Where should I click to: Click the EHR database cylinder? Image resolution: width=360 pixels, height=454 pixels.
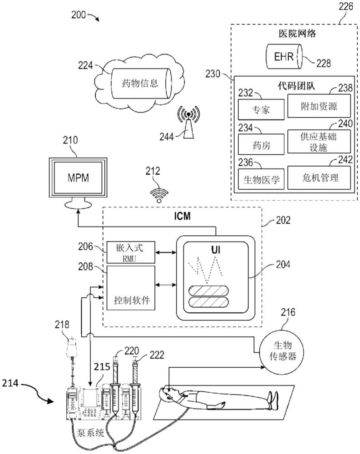coord(284,57)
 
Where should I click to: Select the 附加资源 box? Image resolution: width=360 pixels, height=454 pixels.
coord(319,106)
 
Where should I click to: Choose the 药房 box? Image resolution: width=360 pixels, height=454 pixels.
coord(261,144)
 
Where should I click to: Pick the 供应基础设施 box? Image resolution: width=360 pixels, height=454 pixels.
coord(319,141)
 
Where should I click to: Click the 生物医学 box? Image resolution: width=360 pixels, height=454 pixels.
coord(261,179)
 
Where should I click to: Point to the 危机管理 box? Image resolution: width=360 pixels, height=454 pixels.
coord(319,177)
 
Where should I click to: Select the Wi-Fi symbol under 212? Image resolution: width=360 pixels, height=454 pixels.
coord(158,195)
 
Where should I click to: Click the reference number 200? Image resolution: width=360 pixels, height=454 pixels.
coord(80,15)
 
